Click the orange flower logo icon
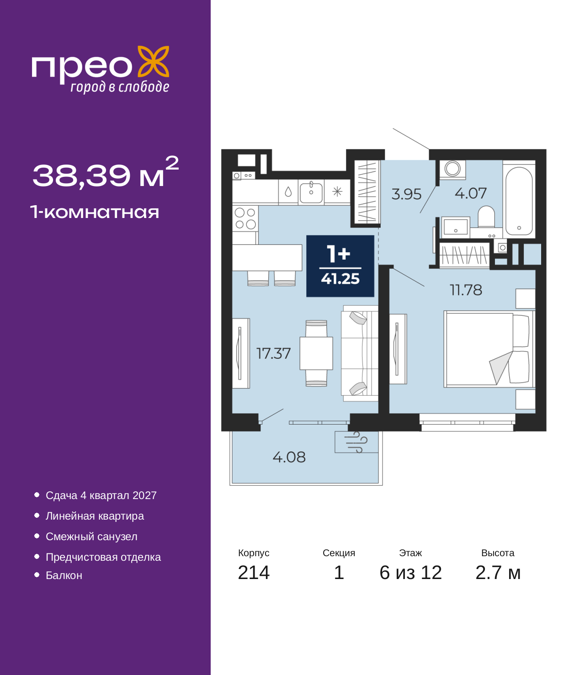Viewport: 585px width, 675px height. pyautogui.click(x=153, y=61)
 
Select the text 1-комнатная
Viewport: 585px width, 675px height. pyautogui.click(x=95, y=212)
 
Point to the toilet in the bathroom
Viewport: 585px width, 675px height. pyautogui.click(x=486, y=216)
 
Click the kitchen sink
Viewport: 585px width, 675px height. pyautogui.click(x=311, y=192)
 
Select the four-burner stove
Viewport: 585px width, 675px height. pyautogui.click(x=245, y=218)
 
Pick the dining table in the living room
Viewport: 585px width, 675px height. pyautogui.click(x=316, y=353)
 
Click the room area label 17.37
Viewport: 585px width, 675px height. pyautogui.click(x=273, y=353)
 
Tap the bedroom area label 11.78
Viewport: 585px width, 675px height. pyautogui.click(x=466, y=290)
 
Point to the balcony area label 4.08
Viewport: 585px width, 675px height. pyautogui.click(x=289, y=457)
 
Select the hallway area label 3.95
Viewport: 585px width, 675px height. pyautogui.click(x=406, y=194)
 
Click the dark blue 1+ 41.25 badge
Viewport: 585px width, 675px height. pyautogui.click(x=340, y=266)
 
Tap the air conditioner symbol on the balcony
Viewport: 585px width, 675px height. pyautogui.click(x=356, y=442)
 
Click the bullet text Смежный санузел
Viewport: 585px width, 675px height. pyautogui.click(x=91, y=537)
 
